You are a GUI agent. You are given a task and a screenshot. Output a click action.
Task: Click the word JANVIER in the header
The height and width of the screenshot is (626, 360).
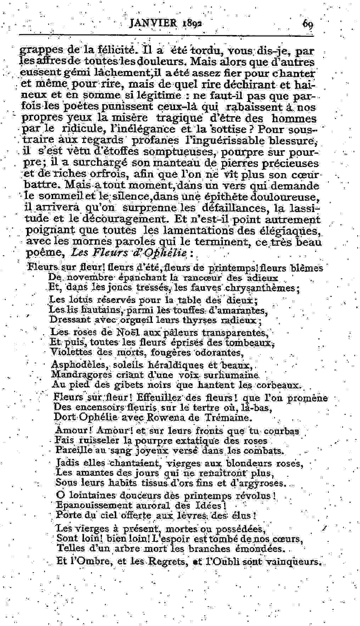(x=153, y=23)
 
